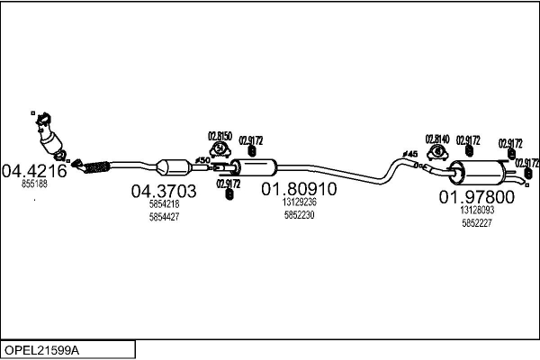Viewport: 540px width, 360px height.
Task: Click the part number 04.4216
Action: tap(34, 170)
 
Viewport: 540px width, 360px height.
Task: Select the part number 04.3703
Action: tap(164, 191)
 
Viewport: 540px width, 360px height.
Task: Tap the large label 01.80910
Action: tap(299, 190)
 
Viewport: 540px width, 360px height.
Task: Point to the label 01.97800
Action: tap(476, 197)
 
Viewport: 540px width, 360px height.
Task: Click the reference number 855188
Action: tap(34, 183)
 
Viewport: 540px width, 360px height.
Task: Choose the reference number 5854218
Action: tap(164, 204)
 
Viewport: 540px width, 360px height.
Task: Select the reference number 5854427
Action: tap(164, 217)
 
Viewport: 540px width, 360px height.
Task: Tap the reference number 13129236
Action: tap(299, 203)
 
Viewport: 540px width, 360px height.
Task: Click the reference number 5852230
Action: tap(299, 216)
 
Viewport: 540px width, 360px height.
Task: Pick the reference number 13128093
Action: tap(476, 210)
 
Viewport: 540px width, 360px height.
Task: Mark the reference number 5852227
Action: tap(476, 222)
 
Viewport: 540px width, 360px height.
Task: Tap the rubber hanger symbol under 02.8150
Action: tap(220, 149)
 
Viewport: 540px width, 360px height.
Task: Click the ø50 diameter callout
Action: tap(203, 161)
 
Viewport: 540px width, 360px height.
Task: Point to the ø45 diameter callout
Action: tap(409, 155)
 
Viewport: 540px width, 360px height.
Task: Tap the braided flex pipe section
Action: tap(94, 166)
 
